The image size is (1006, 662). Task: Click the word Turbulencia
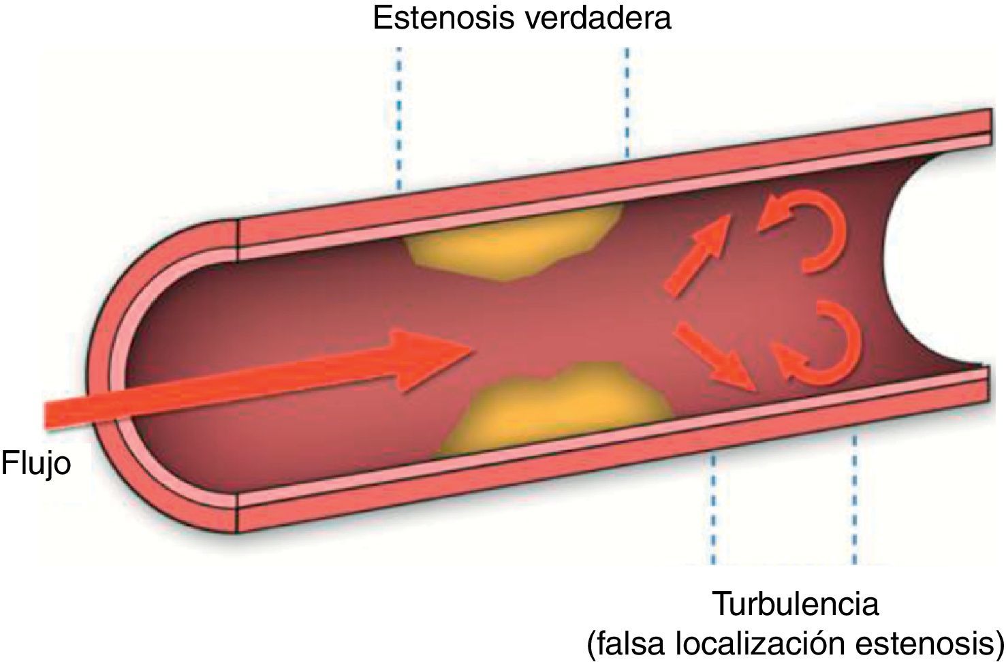point(796,603)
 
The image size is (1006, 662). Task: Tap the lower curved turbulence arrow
point(821,341)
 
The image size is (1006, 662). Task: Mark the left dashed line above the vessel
point(399,116)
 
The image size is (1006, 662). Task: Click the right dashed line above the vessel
point(627,102)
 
